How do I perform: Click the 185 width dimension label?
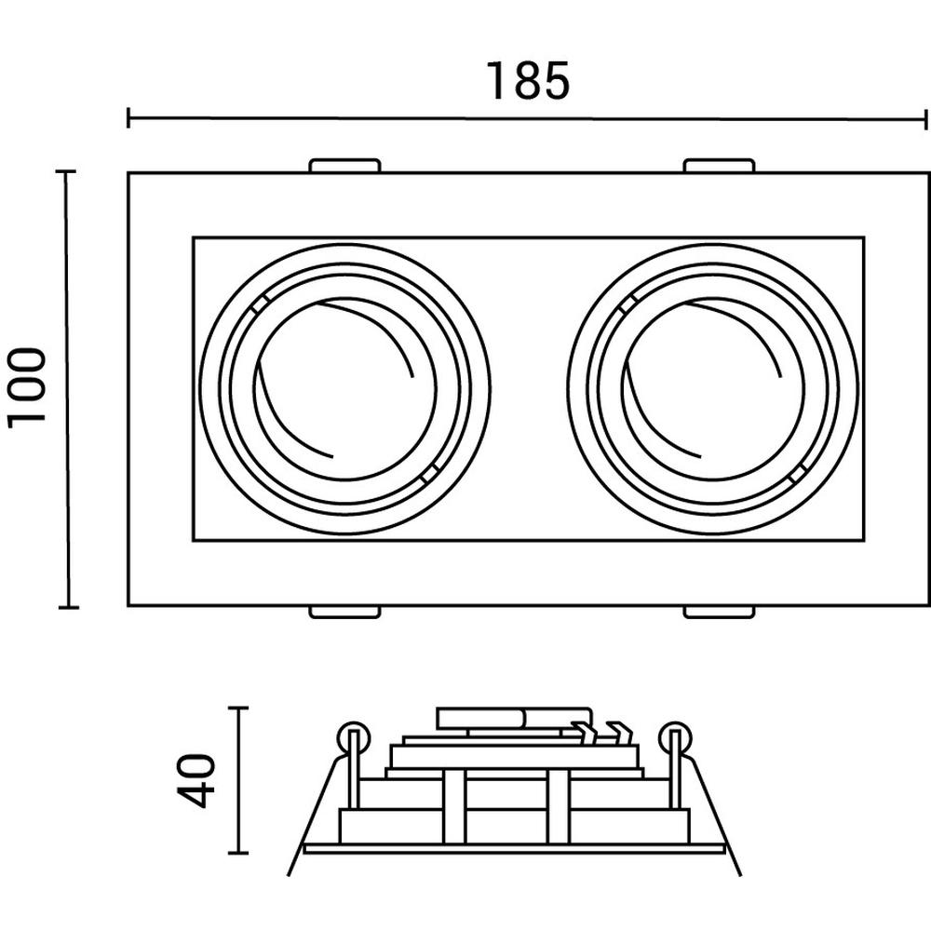click(528, 81)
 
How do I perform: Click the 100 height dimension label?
click(27, 387)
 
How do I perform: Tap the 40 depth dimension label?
click(196, 781)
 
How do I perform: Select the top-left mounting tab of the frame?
click(344, 165)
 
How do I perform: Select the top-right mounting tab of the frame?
click(719, 165)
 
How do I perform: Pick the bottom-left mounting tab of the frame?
click(344, 613)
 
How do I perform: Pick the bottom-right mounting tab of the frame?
click(719, 613)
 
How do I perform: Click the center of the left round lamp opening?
click(345, 389)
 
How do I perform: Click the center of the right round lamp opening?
click(713, 389)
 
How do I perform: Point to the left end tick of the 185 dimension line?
click(128, 117)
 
